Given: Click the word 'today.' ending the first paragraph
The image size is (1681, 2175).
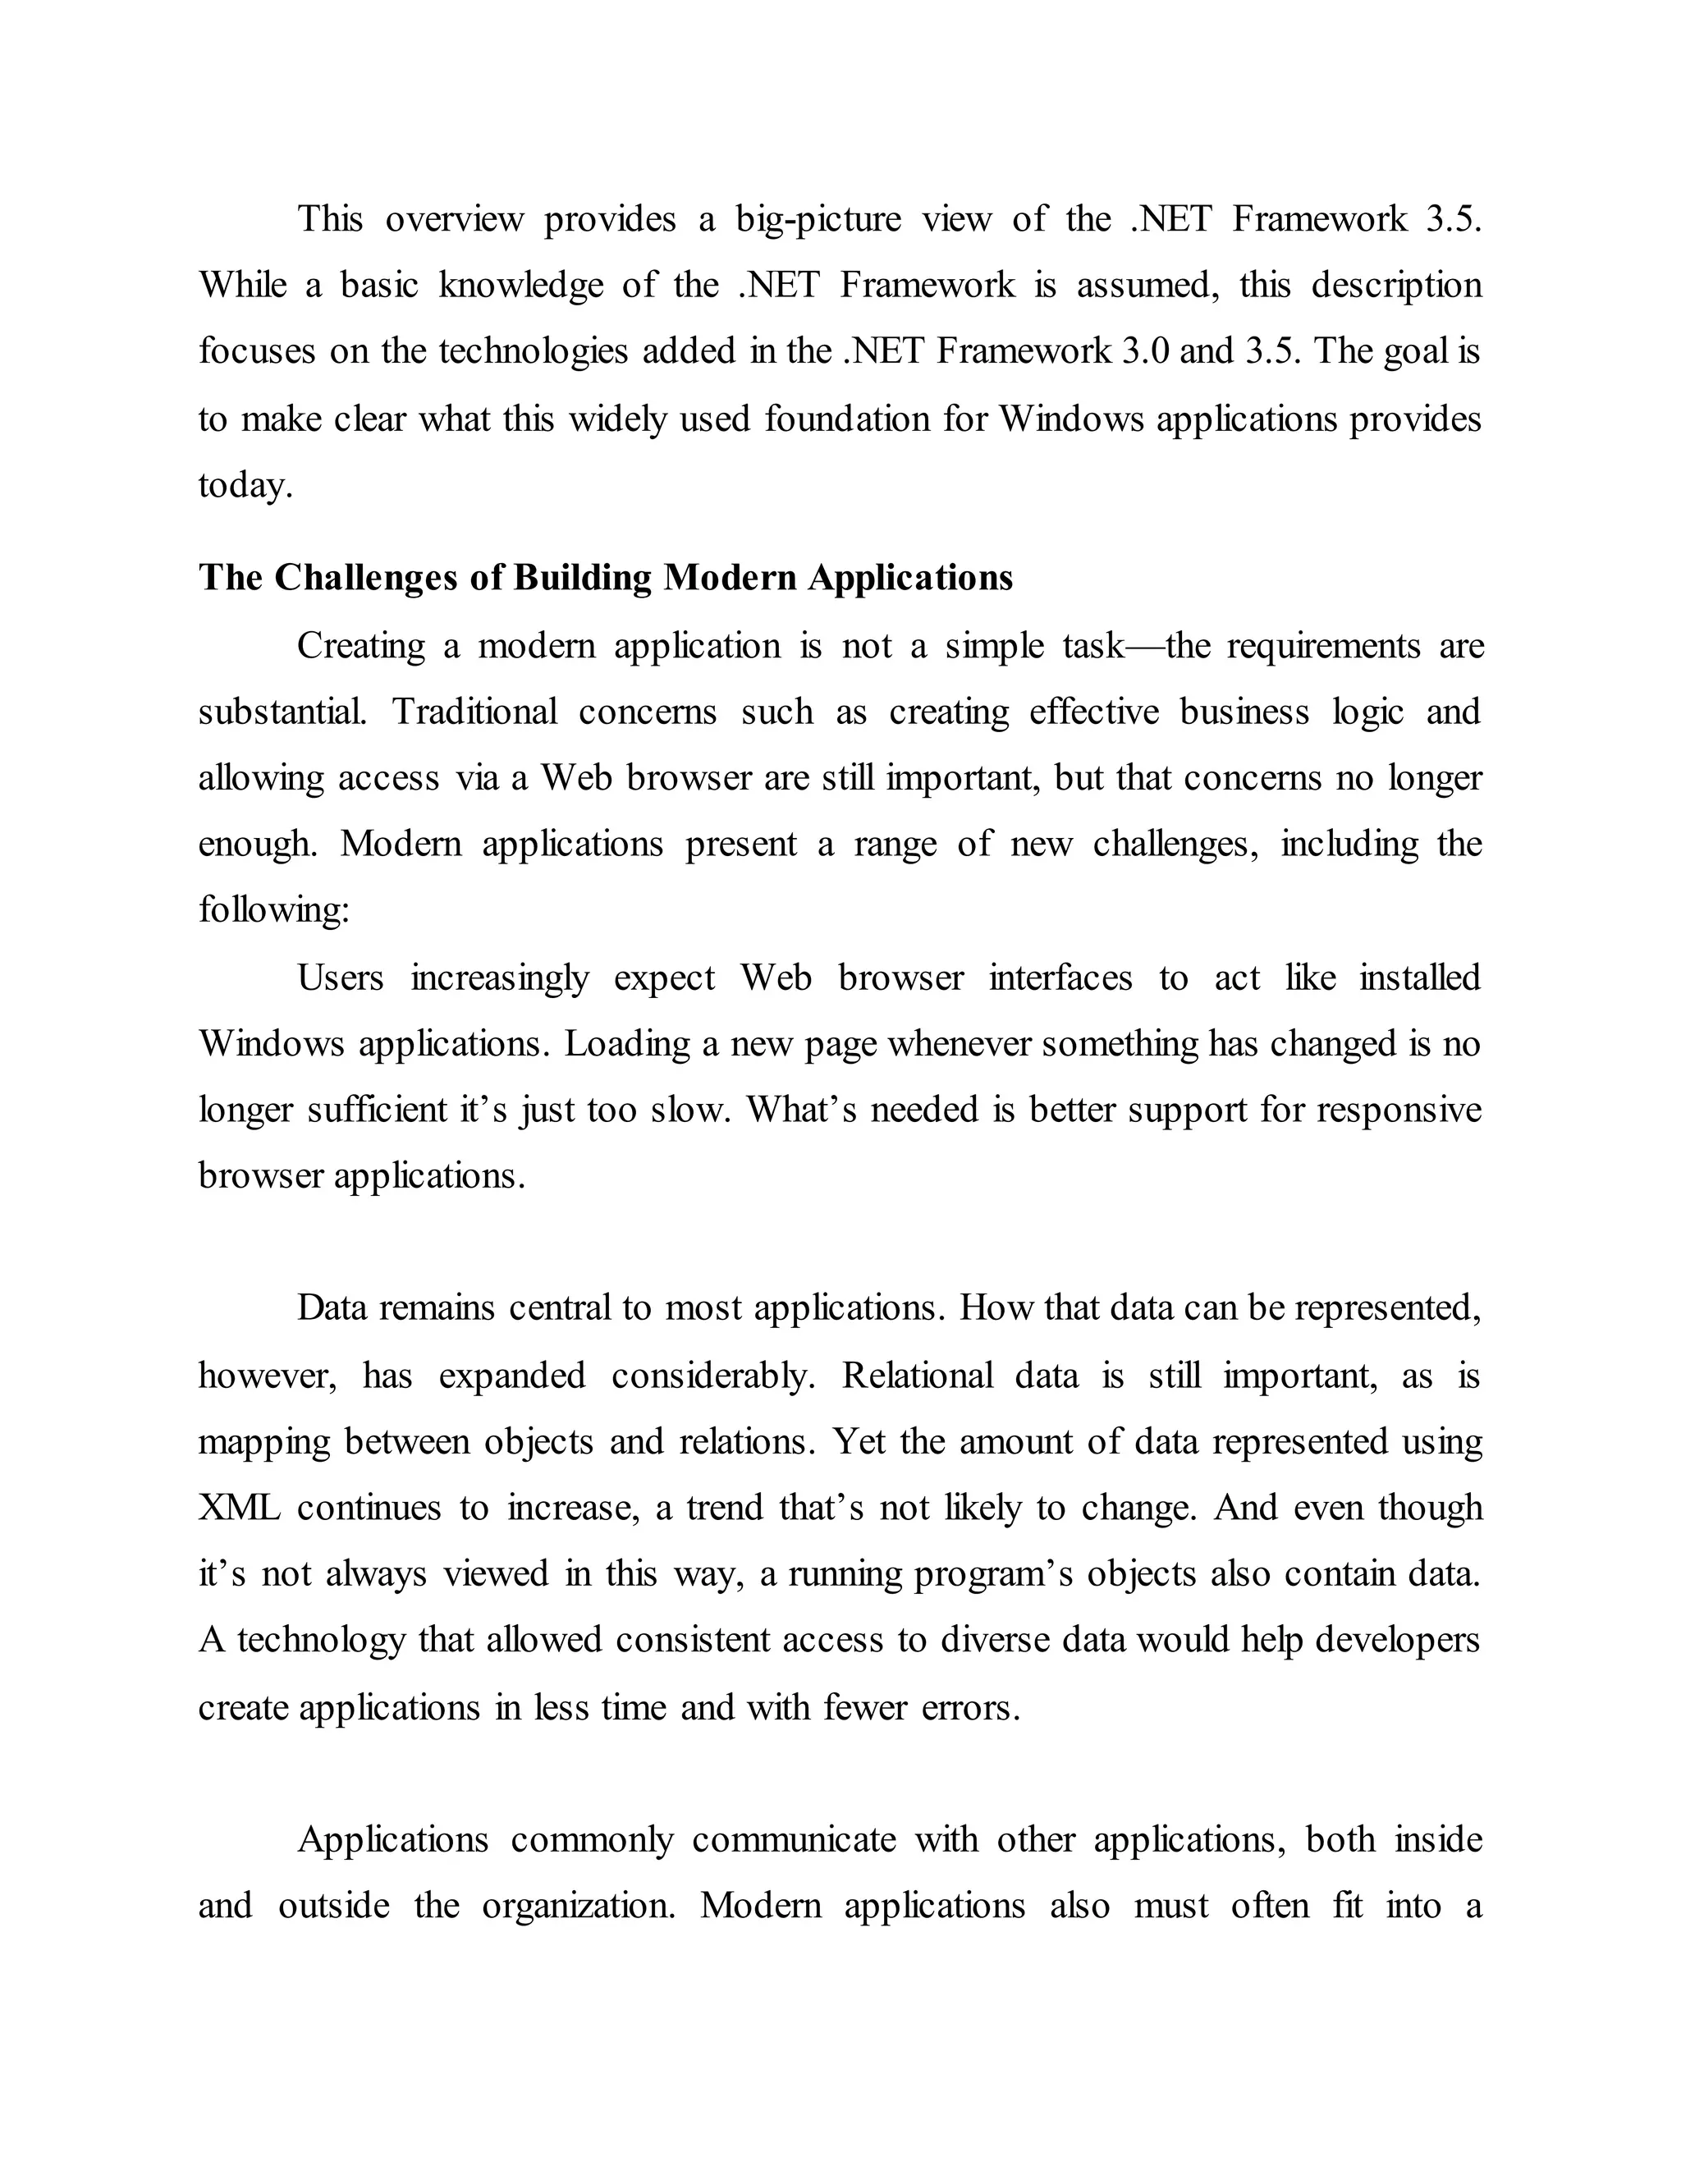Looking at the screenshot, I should [x=245, y=485].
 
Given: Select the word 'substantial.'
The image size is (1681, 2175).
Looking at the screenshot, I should [x=282, y=712].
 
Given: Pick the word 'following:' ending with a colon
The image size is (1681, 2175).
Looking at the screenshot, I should [x=274, y=909].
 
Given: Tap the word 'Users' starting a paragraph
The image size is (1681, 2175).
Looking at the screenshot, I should [x=341, y=978].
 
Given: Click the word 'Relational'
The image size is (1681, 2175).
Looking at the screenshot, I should [x=917, y=1376].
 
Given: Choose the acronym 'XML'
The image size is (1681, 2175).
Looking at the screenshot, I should [x=239, y=1508].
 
